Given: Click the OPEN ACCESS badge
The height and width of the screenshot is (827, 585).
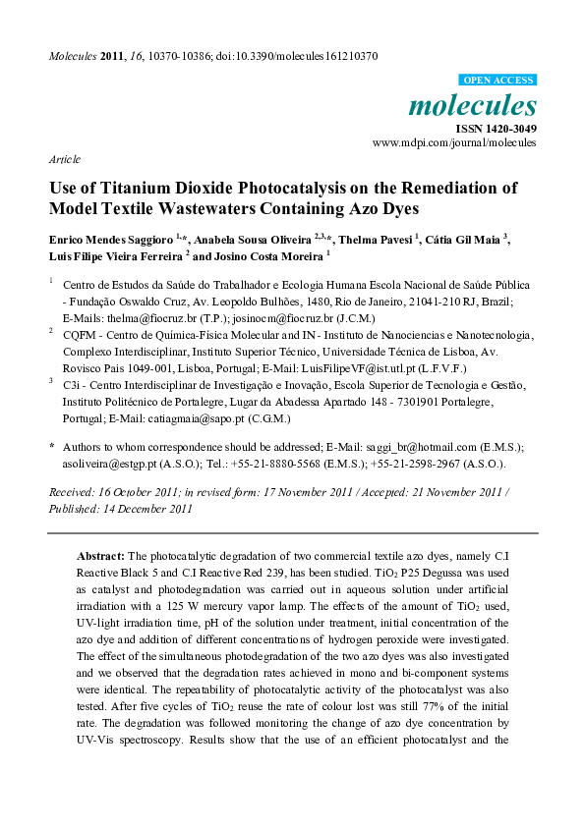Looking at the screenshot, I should tap(497, 80).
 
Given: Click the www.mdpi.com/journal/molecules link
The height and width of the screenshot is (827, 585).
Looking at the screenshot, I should tap(454, 142).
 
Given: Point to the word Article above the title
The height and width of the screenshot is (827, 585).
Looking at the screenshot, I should tap(64, 158).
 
